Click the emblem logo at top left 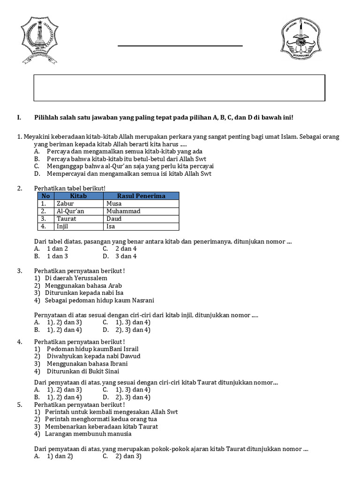[39, 41]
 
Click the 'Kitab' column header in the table [78, 196]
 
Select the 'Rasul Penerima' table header [141, 196]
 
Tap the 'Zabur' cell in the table [65, 203]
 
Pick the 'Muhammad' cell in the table [123, 211]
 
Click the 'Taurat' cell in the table [66, 218]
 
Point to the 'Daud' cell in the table [114, 218]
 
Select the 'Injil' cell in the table [63, 226]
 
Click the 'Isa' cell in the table [111, 226]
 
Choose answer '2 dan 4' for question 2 [126, 249]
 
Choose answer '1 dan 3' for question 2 [57, 256]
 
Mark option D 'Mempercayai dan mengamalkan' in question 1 [129, 174]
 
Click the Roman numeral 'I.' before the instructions [19, 118]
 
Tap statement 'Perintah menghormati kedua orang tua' [101, 419]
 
